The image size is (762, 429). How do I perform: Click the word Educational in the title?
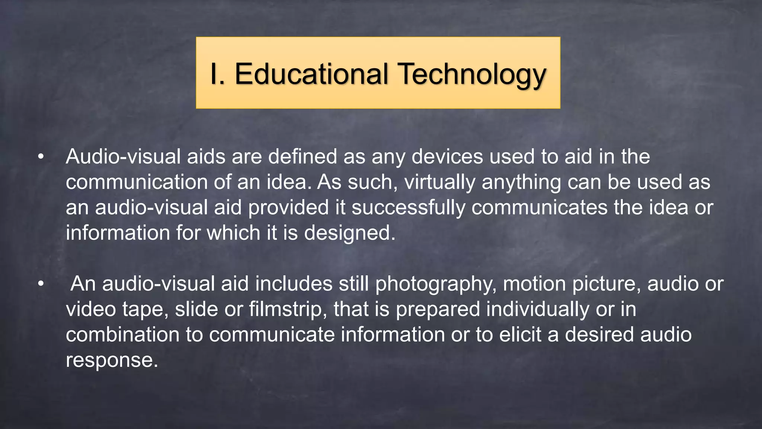pos(312,74)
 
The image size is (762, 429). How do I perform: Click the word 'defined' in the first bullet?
pos(302,157)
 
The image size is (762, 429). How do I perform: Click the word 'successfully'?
pos(408,207)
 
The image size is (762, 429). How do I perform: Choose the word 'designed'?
pos(349,233)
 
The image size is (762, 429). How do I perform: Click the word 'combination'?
pos(123,335)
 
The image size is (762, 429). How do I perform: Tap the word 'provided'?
pos(288,207)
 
